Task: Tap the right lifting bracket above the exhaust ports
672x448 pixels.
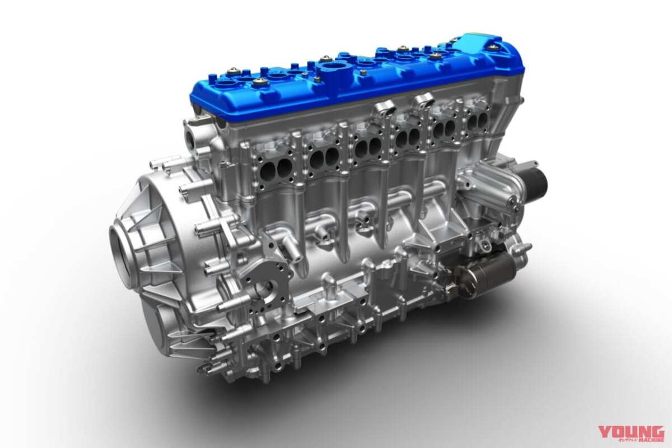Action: (424, 100)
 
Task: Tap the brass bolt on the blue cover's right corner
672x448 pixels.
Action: (494, 48)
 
